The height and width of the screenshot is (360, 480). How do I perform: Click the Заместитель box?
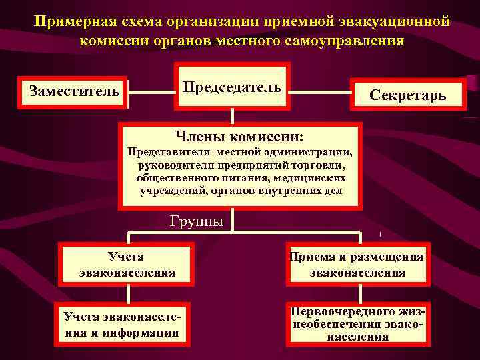coord(73,91)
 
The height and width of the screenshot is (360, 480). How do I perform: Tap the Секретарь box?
coord(407,96)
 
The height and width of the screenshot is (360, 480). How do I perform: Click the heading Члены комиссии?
coord(239,137)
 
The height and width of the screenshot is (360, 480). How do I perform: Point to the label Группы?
coord(197,221)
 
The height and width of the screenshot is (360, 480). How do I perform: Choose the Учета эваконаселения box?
coord(127,263)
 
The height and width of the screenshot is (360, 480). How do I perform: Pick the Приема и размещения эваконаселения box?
coord(357,264)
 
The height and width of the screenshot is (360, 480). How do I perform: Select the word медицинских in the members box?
coord(313,178)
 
